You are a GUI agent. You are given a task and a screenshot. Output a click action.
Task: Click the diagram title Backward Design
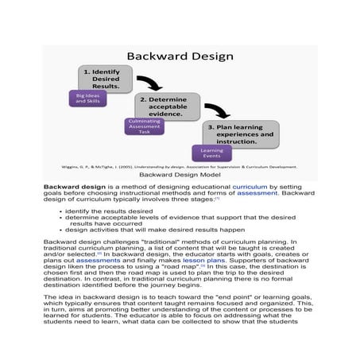click(180, 56)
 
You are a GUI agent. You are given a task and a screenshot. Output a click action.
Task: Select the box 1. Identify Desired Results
click(105, 79)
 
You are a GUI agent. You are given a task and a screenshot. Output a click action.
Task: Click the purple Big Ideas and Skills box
click(87, 99)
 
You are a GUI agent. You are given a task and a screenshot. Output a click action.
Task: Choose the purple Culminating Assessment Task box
click(144, 126)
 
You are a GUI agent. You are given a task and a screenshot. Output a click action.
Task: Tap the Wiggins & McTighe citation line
click(180, 167)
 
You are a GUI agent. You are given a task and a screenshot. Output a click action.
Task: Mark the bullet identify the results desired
click(110, 211)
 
